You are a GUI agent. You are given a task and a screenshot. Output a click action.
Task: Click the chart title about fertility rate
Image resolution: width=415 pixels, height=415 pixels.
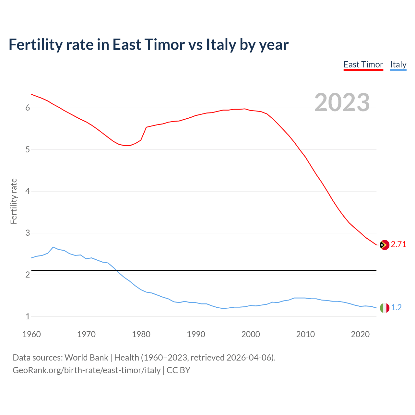pyautogui.click(x=148, y=45)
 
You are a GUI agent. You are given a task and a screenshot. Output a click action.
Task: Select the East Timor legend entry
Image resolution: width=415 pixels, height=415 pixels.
pyautogui.click(x=363, y=65)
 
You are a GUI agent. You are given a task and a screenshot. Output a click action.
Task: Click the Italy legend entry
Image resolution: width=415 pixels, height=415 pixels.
pyautogui.click(x=398, y=65)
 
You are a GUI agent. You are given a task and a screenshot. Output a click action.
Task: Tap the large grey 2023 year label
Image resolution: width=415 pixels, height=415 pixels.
pyautogui.click(x=342, y=102)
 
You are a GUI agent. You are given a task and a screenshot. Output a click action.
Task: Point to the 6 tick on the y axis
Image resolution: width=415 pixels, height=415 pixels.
pyautogui.click(x=28, y=108)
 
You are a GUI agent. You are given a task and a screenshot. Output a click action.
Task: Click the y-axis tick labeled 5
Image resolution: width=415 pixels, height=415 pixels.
pyautogui.click(x=28, y=150)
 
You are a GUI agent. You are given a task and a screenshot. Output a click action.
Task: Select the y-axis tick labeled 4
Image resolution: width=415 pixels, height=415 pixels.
pyautogui.click(x=28, y=191)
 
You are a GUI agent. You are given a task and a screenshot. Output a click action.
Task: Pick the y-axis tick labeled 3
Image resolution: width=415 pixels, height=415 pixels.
pyautogui.click(x=28, y=233)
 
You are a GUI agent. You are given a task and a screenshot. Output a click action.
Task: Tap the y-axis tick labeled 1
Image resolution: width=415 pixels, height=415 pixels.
pyautogui.click(x=28, y=317)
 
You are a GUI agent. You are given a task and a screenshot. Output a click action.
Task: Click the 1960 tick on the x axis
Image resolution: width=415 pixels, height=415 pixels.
pyautogui.click(x=31, y=334)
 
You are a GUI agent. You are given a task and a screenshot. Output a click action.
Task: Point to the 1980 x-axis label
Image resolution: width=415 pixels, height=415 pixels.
pyautogui.click(x=141, y=334)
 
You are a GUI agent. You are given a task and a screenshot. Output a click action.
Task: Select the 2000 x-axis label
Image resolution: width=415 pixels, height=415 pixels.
pyautogui.click(x=251, y=334)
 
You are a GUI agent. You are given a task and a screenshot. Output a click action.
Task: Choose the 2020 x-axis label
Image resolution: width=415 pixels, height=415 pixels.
pyautogui.click(x=360, y=334)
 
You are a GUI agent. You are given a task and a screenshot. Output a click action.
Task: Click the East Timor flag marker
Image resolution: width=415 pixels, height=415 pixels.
pyautogui.click(x=385, y=245)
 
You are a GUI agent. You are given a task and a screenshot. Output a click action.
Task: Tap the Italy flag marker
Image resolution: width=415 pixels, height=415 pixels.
pyautogui.click(x=385, y=308)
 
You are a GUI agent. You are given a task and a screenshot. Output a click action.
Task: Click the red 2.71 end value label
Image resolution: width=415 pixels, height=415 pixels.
pyautogui.click(x=398, y=244)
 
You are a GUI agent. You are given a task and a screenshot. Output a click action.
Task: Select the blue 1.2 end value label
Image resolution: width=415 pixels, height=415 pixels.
pyautogui.click(x=396, y=308)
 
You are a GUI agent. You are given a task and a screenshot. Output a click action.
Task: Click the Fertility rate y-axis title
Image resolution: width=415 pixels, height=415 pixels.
pyautogui.click(x=14, y=201)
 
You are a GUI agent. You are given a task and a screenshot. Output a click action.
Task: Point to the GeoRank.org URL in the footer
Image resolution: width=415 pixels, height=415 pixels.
pyautogui.click(x=87, y=370)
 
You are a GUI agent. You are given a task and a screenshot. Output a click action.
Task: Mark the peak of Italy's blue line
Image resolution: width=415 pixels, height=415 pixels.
pyautogui.click(x=53, y=247)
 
